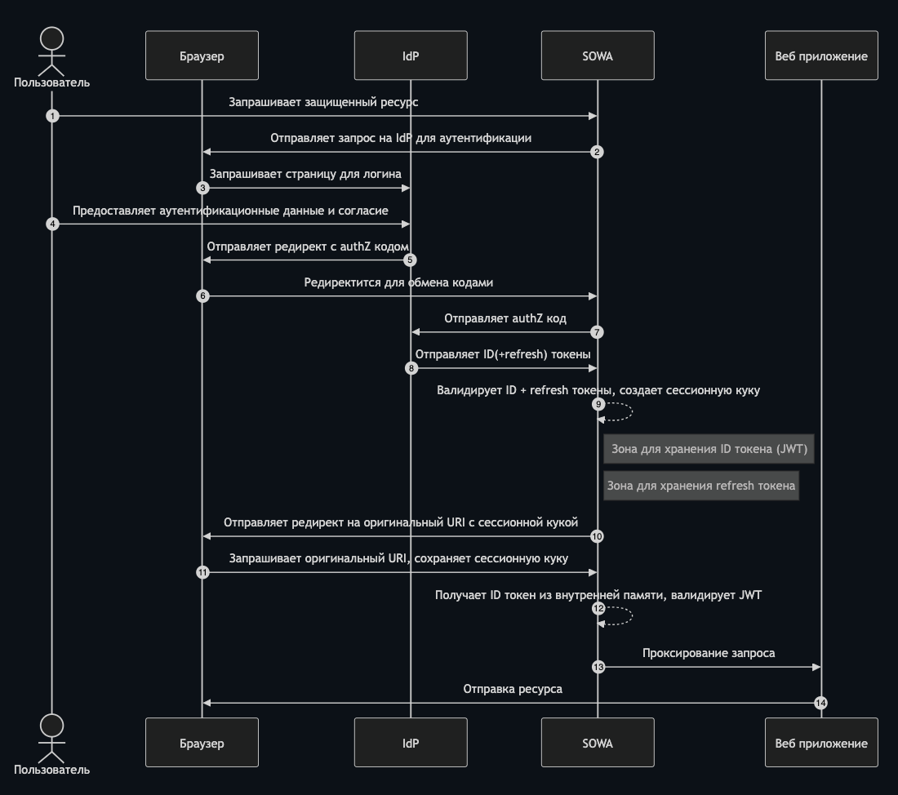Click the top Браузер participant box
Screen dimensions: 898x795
[x=202, y=56]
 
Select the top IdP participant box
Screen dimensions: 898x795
[x=411, y=56]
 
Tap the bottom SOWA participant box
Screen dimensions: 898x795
[x=598, y=742]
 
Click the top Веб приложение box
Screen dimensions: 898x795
[x=821, y=56]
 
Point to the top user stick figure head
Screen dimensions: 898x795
[x=51, y=38]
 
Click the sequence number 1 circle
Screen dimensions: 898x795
[x=52, y=116]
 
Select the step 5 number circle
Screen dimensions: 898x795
[x=410, y=260]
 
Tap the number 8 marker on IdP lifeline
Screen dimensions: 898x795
[x=411, y=368]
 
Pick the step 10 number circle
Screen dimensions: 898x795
[x=597, y=536]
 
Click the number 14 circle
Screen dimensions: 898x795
[x=820, y=703]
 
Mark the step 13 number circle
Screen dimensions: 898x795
[x=598, y=667]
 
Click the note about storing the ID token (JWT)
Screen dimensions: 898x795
[x=709, y=449]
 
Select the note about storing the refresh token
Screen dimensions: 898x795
[x=701, y=486]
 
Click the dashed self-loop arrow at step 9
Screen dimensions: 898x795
[x=632, y=411]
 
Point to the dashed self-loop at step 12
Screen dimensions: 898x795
[x=632, y=615]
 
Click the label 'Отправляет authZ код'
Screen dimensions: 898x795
[x=505, y=318]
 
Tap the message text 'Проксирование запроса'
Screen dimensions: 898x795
[x=709, y=653]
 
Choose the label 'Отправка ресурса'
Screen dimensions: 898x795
[x=513, y=689]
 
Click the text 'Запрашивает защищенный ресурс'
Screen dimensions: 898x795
[x=323, y=102]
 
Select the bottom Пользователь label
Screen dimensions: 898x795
[x=51, y=770]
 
